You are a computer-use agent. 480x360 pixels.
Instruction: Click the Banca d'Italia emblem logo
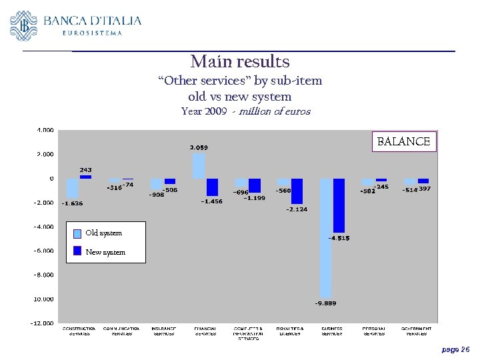tap(24, 26)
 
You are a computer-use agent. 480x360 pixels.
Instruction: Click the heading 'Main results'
tap(240, 62)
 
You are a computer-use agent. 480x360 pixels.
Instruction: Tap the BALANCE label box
tap(403, 141)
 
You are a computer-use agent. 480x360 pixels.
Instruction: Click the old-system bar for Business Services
tap(326, 237)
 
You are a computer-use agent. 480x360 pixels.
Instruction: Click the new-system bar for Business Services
tap(339, 205)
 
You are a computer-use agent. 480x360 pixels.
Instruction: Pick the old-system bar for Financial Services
tap(199, 166)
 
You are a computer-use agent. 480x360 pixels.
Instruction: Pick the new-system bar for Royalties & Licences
tap(297, 191)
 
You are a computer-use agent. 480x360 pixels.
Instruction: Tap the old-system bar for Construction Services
tap(73, 188)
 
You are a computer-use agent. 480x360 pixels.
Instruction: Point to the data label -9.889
tap(325, 303)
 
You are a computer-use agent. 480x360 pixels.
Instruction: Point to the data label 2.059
tap(199, 147)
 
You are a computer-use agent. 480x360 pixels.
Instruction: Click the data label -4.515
tap(339, 238)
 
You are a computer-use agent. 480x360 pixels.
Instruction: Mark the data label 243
tap(86, 170)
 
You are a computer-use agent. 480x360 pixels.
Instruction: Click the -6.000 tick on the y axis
tap(44, 251)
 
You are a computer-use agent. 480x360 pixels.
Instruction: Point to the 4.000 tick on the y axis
tap(45, 130)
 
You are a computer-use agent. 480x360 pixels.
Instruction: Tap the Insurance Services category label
tap(163, 331)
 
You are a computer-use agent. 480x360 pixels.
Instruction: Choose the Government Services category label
tap(417, 331)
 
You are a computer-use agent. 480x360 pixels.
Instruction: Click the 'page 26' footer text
tap(455, 349)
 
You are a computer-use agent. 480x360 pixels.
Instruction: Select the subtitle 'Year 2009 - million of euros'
tap(245, 112)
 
